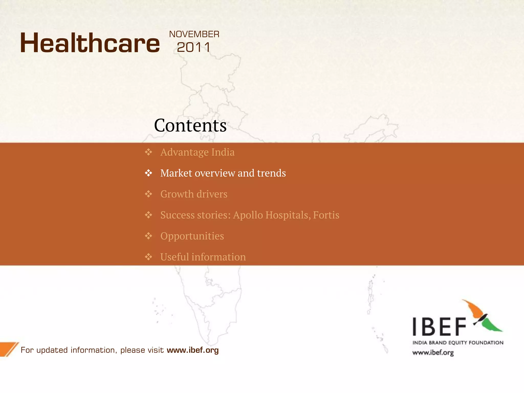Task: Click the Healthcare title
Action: (90, 43)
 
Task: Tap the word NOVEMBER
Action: (194, 34)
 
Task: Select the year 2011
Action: (194, 48)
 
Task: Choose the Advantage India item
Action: (197, 152)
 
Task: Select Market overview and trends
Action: (223, 173)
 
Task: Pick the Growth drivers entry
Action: (194, 194)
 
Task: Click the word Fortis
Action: (326, 215)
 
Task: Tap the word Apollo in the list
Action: (248, 215)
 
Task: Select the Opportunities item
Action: (192, 236)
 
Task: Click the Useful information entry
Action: (203, 257)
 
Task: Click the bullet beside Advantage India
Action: (148, 152)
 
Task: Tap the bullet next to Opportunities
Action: (148, 236)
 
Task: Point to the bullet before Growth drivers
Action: (148, 194)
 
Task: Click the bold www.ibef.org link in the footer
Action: (193, 350)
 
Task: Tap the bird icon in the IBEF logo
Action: (481, 317)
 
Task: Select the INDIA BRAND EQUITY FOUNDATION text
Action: (458, 343)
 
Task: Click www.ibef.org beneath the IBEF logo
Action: (433, 353)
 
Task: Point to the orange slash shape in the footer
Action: (9, 349)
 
